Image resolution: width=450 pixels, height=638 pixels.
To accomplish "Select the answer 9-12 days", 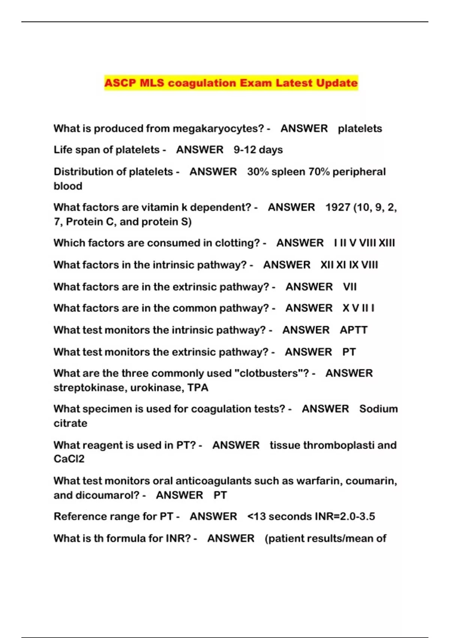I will click(258, 150).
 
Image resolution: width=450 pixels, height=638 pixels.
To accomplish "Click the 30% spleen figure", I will click(276, 172).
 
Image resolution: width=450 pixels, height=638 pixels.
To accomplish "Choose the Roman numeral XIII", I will click(387, 243).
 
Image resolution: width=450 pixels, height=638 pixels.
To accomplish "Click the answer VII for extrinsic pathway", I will click(349, 287).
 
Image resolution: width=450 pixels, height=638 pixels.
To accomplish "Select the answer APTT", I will click(353, 330).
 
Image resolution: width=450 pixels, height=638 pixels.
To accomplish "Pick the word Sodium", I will click(378, 409).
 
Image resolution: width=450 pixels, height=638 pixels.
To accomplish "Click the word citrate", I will click(70, 423).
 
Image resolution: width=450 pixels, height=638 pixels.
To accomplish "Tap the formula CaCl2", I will click(69, 459).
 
